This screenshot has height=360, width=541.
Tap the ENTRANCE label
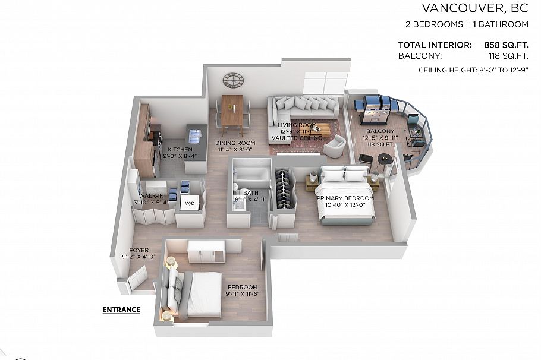click(x=121, y=310)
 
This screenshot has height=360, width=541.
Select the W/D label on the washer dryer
click(x=190, y=203)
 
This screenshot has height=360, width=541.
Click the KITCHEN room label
click(x=180, y=150)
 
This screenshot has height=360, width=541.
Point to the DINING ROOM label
click(x=235, y=143)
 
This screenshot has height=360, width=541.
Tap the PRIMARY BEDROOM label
click(x=345, y=198)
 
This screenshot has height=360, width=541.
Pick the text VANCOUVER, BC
click(x=474, y=8)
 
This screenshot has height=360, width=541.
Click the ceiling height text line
click(x=473, y=70)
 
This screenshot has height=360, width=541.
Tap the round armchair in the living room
click(x=335, y=145)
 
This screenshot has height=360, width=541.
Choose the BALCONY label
click(x=380, y=131)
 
